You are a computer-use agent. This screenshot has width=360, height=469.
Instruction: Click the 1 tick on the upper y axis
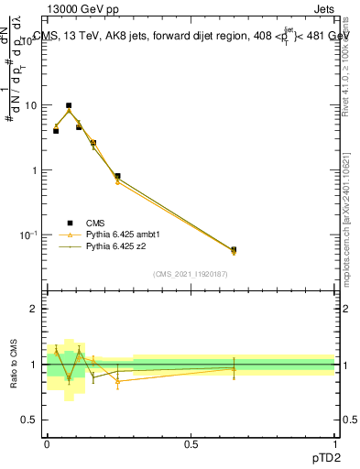tap(34, 170)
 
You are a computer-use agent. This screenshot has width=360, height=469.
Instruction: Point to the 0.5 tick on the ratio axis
tap(30, 420)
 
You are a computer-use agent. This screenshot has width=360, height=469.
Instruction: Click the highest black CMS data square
tap(69, 106)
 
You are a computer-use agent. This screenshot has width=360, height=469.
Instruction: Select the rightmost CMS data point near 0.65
tap(234, 249)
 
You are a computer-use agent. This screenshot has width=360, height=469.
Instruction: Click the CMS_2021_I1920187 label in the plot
tap(190, 274)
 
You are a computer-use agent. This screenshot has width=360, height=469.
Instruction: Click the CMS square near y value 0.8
tap(117, 176)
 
